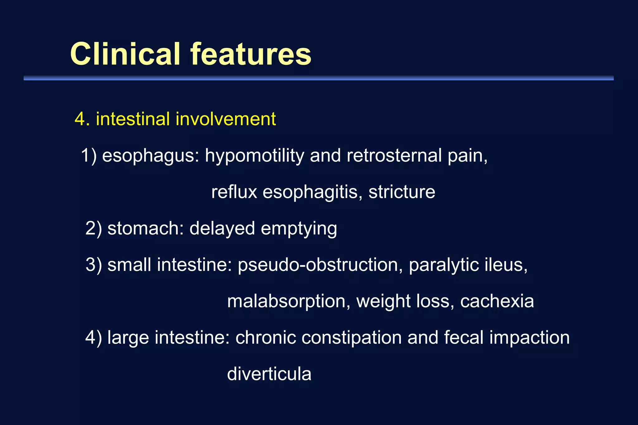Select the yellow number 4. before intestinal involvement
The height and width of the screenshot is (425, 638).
(82, 119)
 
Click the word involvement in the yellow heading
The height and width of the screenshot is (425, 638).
(226, 119)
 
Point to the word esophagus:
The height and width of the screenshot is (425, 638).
(150, 156)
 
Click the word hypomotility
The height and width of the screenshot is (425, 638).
(254, 156)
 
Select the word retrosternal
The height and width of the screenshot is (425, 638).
(394, 156)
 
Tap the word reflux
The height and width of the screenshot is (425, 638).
(234, 192)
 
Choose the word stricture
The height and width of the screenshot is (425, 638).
(402, 192)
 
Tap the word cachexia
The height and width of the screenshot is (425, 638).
(497, 301)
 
